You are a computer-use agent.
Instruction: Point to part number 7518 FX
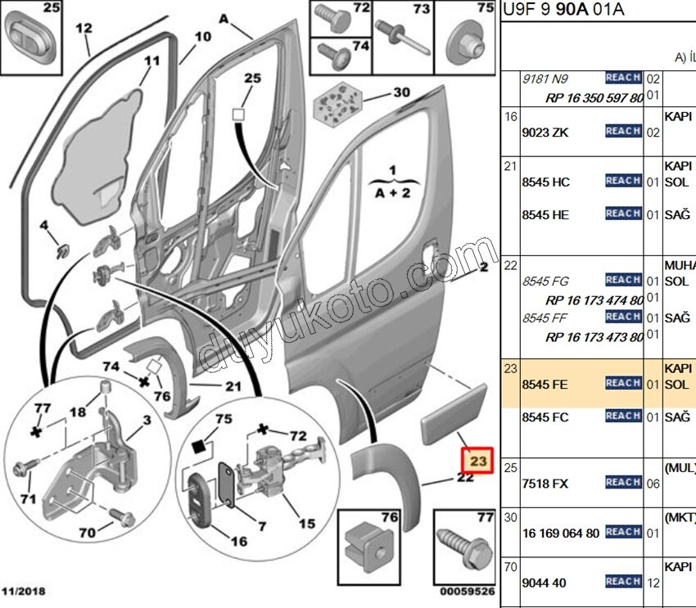[x=545, y=484]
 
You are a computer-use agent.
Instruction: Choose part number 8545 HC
[x=545, y=182]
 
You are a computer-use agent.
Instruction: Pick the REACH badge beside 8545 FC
[x=623, y=417]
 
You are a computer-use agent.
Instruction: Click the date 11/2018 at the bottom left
[x=25, y=591]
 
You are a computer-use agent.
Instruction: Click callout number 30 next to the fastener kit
[x=401, y=92]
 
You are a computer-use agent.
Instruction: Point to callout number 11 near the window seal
[x=152, y=61]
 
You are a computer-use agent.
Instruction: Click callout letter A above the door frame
[x=224, y=16]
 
